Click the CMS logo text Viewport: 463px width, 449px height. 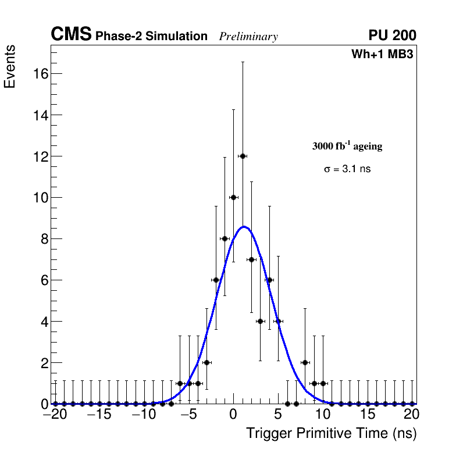(x=71, y=35)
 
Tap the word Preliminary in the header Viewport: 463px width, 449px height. (x=248, y=37)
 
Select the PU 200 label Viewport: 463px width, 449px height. (x=392, y=35)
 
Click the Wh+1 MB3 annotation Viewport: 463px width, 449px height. (x=382, y=55)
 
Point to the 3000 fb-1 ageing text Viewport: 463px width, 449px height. (x=347, y=146)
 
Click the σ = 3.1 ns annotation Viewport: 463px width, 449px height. (x=347, y=169)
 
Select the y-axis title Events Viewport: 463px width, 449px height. (x=10, y=67)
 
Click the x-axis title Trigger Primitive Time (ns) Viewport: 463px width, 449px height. (x=331, y=433)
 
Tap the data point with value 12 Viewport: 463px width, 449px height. (x=243, y=156)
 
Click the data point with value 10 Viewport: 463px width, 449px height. (x=233, y=197)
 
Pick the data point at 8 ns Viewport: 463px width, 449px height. (x=305, y=362)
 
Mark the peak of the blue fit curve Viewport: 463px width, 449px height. (x=245, y=226)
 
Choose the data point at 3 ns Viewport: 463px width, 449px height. (x=260, y=321)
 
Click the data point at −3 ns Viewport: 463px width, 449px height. (x=206, y=362)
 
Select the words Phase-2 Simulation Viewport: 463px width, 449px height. (x=151, y=37)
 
